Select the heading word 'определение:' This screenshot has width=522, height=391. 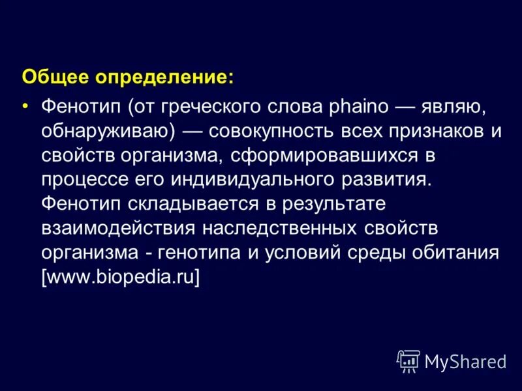click(165, 78)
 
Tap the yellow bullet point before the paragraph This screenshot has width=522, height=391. click(25, 106)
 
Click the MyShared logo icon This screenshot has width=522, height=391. click(409, 360)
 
